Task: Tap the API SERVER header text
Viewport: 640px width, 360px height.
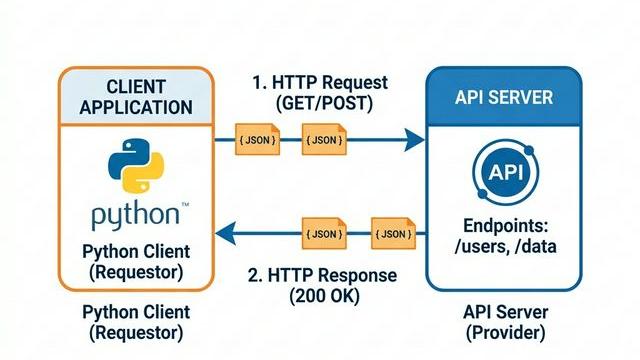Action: (503, 98)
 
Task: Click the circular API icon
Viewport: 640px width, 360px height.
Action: (503, 173)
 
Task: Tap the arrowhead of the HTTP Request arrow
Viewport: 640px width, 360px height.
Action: (413, 140)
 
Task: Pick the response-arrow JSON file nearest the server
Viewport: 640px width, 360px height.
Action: (392, 234)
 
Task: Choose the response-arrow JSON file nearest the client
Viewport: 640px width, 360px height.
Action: (323, 234)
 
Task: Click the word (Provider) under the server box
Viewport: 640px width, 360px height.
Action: (503, 332)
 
